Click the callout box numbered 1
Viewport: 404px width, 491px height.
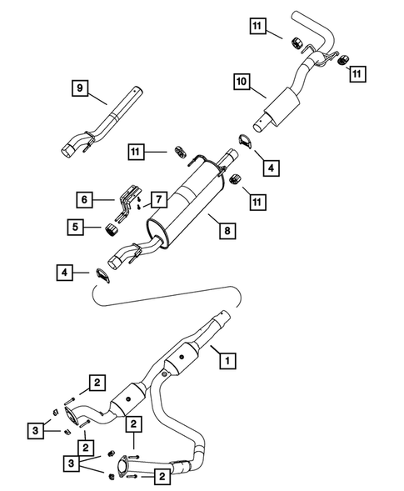point(224,361)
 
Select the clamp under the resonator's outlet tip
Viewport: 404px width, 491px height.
point(242,142)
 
